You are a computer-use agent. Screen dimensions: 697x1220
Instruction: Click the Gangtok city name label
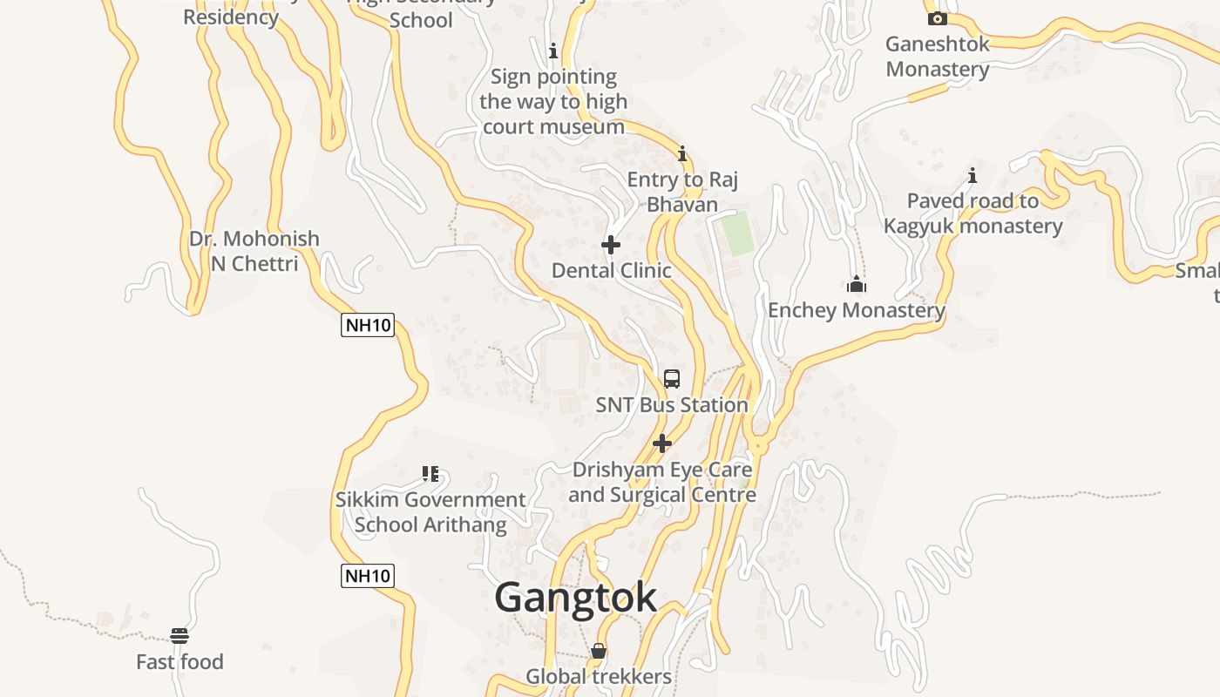575,598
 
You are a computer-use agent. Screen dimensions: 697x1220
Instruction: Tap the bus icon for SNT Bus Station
671,378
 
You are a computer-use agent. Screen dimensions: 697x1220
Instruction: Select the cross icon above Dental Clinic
611,245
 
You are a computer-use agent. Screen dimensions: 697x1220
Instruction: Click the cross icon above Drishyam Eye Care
662,443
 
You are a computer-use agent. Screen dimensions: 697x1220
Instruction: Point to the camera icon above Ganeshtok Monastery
938,18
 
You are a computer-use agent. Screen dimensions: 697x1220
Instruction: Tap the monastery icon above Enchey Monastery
857,284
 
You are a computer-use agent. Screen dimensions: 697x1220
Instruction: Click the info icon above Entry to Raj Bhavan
682,154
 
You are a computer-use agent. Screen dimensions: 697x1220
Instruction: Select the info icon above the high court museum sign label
552,51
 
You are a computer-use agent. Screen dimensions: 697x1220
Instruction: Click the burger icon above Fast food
180,636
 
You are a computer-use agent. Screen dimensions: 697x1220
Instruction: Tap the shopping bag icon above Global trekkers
599,651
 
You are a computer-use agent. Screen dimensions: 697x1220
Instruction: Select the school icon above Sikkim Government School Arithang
430,474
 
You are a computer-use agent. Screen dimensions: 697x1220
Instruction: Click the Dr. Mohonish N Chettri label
254,251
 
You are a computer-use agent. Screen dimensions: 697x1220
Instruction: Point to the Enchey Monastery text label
856,310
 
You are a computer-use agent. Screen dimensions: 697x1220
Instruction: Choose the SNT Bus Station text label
672,405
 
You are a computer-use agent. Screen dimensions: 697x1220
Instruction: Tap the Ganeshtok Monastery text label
938,57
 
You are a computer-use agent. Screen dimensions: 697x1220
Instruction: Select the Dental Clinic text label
612,271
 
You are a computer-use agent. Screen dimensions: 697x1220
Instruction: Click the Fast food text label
180,662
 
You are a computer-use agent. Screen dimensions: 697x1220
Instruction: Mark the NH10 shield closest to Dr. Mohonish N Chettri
368,326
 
